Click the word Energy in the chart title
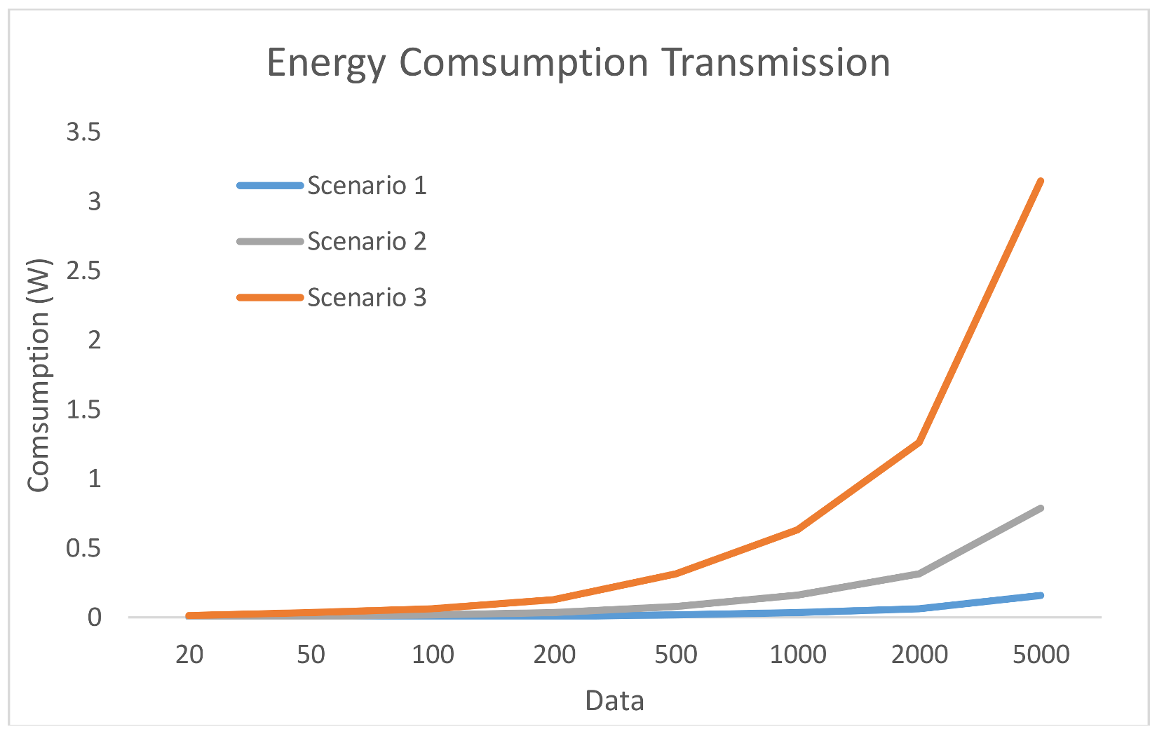326,64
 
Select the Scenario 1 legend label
367,186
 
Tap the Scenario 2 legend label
367,242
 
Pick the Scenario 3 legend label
367,298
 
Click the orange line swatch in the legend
270,298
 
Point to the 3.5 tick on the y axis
83,132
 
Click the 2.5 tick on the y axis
83,271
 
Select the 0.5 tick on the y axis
83,548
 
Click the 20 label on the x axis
189,655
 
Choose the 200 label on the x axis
554,655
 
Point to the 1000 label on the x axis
798,655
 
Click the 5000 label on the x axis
1041,655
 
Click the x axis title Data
614,701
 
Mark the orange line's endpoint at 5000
1041,182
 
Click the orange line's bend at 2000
919,442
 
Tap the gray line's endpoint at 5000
1041,508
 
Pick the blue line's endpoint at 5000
1041,596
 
